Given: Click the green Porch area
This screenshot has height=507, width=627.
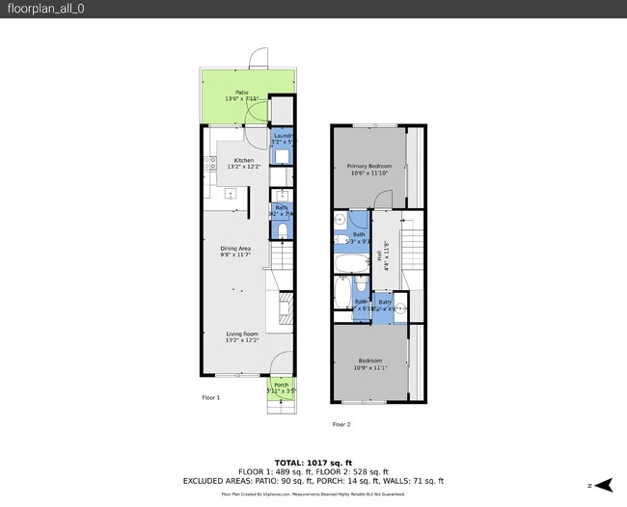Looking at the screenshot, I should pos(281,387).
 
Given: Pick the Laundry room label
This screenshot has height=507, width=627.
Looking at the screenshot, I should pos(282,139).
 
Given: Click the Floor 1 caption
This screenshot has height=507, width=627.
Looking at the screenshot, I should pos(210,397).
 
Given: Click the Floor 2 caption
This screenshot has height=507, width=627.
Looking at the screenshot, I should pos(341,424).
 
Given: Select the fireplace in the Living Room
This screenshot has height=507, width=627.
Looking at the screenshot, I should pos(285,311).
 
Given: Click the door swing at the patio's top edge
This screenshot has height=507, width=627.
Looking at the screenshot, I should pos(258,59).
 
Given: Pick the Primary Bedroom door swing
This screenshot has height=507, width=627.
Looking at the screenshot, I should pos(383,199).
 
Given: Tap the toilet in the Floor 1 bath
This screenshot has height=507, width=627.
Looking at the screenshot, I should pos(282,231).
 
